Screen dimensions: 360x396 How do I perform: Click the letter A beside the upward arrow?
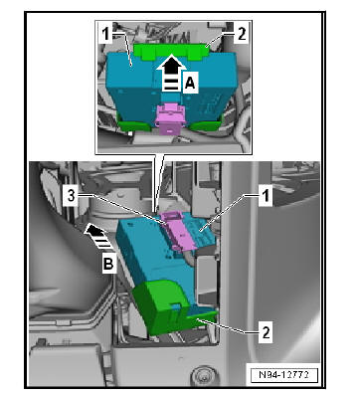190,83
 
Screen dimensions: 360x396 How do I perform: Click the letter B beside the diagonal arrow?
108,265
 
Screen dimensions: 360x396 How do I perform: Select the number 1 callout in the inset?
105,35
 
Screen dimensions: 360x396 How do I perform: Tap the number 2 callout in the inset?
242,34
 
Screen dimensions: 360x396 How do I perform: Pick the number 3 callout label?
72,196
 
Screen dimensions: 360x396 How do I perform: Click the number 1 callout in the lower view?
266,196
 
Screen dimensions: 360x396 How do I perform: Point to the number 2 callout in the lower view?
266,332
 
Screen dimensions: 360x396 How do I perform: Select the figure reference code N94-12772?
283,375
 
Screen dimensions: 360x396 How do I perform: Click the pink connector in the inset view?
170,118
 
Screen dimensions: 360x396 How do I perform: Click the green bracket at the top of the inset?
171,52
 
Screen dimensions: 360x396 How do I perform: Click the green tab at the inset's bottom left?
135,125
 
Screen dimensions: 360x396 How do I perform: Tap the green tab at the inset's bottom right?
205,124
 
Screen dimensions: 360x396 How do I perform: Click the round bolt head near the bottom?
201,375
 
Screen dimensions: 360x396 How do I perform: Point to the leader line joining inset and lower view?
159,183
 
